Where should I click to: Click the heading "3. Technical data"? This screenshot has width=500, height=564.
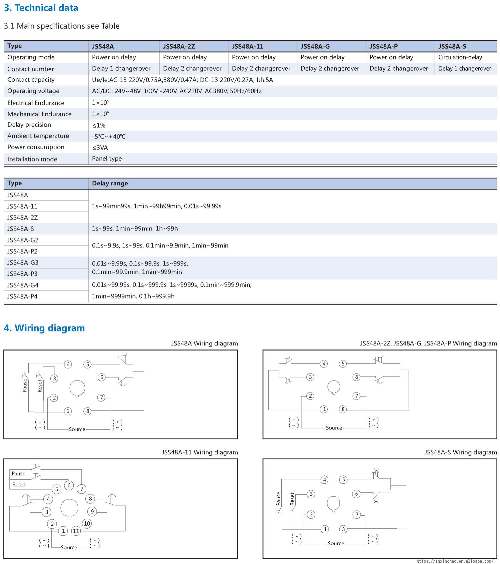(41, 8)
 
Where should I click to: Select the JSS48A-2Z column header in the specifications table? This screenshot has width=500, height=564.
(179, 46)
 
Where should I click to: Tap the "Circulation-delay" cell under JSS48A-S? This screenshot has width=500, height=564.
(460, 57)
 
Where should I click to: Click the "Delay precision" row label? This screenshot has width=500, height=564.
(29, 125)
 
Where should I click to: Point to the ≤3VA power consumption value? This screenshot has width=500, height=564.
(100, 148)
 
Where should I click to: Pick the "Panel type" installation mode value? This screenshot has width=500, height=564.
(107, 159)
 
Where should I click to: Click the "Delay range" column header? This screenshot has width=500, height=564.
(110, 183)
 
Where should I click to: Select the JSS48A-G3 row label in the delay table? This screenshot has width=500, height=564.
(23, 263)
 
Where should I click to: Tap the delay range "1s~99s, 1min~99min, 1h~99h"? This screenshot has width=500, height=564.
(135, 229)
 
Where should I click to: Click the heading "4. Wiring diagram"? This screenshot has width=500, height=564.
(44, 328)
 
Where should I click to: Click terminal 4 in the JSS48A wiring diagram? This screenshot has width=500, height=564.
(68, 364)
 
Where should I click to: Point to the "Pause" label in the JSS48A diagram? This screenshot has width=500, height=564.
(25, 385)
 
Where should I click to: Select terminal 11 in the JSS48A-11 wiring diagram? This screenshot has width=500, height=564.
(76, 531)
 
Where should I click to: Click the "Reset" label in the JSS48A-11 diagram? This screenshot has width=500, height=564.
(19, 485)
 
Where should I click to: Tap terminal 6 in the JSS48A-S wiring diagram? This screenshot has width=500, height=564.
(356, 494)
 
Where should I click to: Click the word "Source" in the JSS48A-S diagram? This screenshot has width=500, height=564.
(336, 543)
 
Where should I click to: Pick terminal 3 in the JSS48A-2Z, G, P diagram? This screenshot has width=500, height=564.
(310, 377)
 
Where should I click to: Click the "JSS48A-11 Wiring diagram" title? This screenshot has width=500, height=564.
(200, 452)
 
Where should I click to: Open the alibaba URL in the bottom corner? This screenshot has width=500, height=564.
(455, 561)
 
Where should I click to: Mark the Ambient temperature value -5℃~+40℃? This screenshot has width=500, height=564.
(109, 137)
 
